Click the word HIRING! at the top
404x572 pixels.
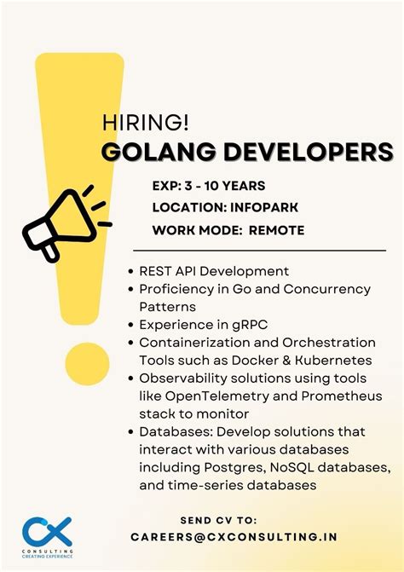(144, 123)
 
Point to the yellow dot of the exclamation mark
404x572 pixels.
(89, 361)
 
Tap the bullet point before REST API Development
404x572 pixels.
(130, 272)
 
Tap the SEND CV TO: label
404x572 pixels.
(218, 520)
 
